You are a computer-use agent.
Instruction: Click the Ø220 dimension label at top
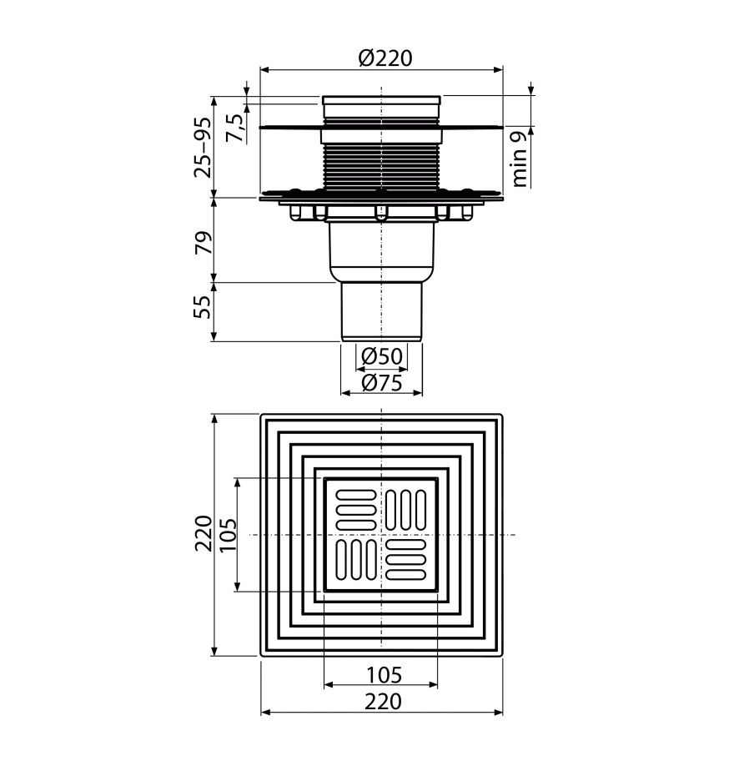pyautogui.click(x=385, y=58)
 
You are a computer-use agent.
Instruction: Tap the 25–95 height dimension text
pyautogui.click(x=203, y=148)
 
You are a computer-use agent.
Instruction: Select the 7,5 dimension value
pyautogui.click(x=234, y=128)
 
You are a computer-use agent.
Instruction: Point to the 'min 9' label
pyautogui.click(x=519, y=159)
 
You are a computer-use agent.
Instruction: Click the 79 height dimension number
pyautogui.click(x=204, y=242)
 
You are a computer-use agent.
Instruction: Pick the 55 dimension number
pyautogui.click(x=203, y=307)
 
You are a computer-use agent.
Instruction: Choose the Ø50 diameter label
pyautogui.click(x=382, y=357)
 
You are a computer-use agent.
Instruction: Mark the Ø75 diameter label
pyautogui.click(x=382, y=383)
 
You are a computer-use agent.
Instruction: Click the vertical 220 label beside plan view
pyautogui.click(x=204, y=533)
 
